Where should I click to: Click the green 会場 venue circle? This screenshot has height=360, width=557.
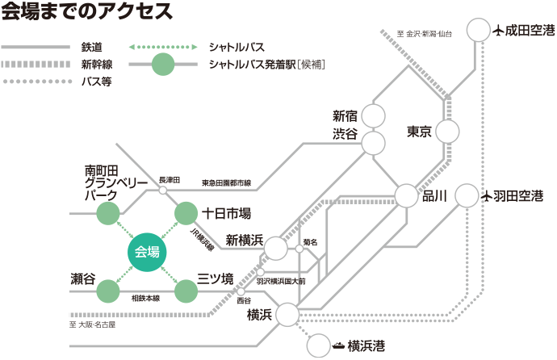click(148, 251)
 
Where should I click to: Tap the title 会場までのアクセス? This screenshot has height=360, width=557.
click(86, 13)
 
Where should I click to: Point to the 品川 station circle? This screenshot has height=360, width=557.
click(406, 196)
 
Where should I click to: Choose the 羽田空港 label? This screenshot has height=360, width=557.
click(519, 195)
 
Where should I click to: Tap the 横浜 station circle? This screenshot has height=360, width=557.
click(288, 313)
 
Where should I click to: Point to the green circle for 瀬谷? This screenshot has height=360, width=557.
click(107, 288)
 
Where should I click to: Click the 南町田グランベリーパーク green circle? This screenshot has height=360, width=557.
click(107, 214)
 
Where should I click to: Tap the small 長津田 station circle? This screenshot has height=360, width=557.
click(162, 190)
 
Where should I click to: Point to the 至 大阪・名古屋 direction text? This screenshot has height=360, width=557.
click(93, 324)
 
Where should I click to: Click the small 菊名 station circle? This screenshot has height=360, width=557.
click(299, 250)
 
